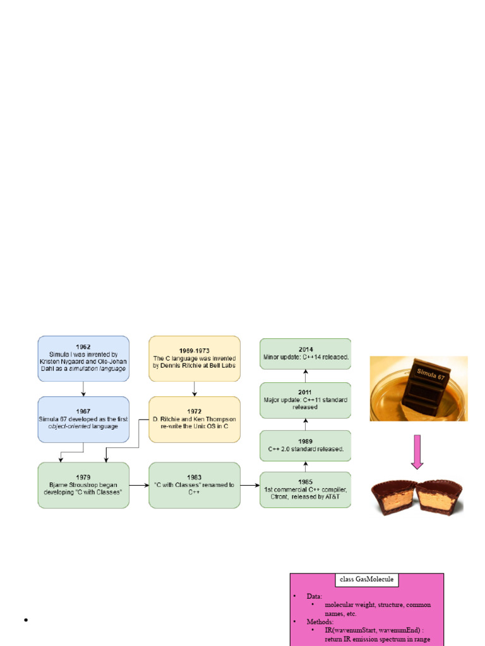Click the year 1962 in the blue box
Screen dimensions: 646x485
pos(84,346)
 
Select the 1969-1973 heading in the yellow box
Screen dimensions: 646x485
pos(194,349)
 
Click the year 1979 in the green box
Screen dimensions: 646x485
pos(83,477)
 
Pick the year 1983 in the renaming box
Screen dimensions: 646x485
pos(194,477)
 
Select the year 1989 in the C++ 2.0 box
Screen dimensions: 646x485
pos(305,442)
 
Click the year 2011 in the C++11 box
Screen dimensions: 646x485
pos(305,392)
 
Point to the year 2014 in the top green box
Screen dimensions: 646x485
pos(305,349)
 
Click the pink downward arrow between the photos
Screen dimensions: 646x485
pos(417,452)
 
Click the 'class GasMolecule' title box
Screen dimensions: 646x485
pos(366,580)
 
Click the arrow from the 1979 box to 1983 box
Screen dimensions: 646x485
pos(138,485)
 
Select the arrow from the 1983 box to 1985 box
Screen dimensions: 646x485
pos(249,485)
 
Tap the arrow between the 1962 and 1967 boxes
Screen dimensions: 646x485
pos(83,389)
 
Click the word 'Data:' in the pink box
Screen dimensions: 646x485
pos(314,596)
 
